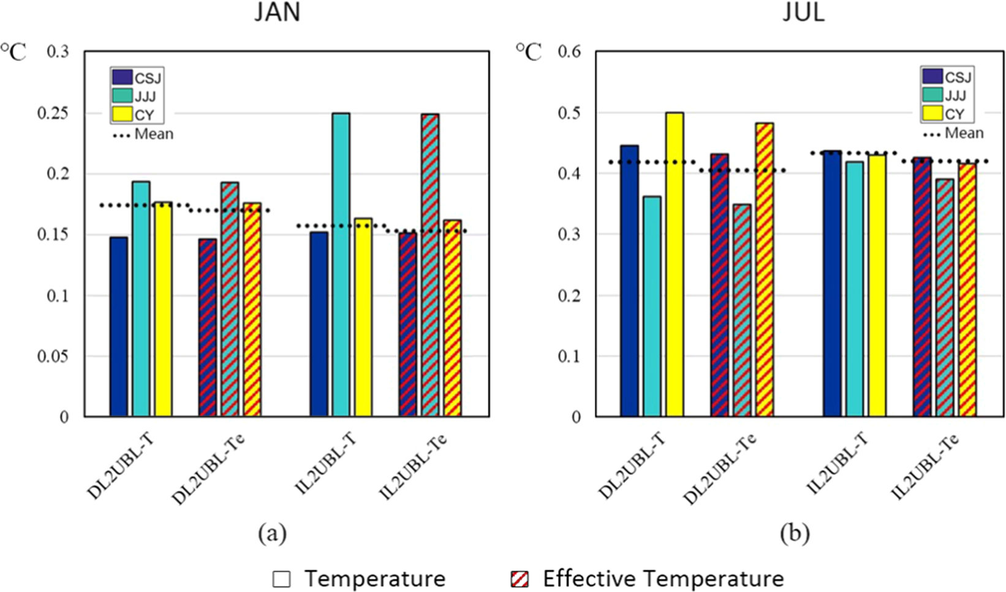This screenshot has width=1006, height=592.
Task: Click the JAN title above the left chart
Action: point(278,12)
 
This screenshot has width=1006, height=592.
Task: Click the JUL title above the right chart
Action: point(803,12)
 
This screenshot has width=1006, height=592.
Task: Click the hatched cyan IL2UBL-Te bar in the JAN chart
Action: point(430,265)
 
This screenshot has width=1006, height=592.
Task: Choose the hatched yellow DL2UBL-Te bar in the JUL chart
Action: point(765,270)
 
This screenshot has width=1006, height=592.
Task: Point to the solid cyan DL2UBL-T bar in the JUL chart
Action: point(652,306)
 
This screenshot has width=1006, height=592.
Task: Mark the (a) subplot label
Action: point(272,533)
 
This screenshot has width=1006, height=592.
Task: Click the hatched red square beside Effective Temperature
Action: point(520,579)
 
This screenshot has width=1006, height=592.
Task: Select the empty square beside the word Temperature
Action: point(281,579)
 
